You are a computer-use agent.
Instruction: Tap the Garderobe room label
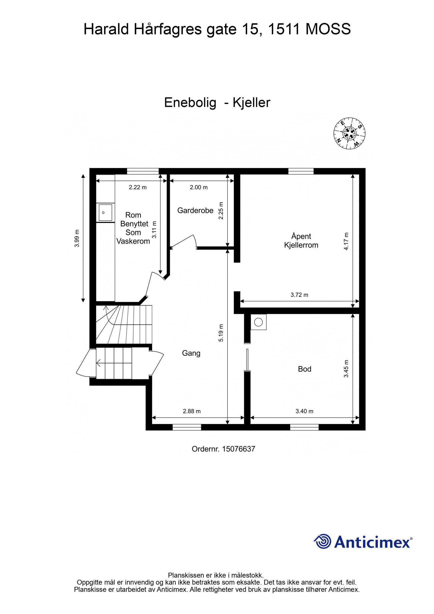point(195,210)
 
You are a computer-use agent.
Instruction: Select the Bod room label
point(304,369)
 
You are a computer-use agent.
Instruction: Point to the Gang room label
point(191,353)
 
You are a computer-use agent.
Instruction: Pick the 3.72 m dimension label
point(299,295)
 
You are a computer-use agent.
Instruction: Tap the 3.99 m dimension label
point(77,238)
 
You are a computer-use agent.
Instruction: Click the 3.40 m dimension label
point(304,411)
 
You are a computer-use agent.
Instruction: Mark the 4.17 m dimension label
point(346,241)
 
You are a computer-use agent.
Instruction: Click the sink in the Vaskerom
point(105,212)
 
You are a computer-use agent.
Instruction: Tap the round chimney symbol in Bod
point(258,322)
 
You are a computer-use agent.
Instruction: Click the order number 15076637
point(238,449)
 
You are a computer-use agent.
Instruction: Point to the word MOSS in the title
point(328,29)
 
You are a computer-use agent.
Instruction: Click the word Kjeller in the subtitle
point(251,103)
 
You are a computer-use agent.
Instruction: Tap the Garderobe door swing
point(184,241)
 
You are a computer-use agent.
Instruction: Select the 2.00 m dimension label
point(199,187)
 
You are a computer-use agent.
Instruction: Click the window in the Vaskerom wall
point(143,171)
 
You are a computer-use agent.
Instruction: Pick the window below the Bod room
point(304,427)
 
